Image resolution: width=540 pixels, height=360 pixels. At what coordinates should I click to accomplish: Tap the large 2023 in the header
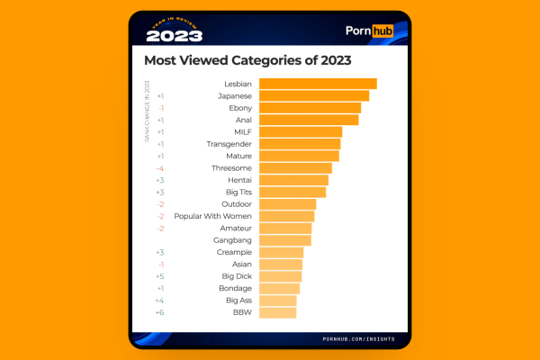[174, 36]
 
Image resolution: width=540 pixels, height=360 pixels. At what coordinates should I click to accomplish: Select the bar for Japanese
[314, 95]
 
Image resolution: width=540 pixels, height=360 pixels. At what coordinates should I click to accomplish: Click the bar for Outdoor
[288, 204]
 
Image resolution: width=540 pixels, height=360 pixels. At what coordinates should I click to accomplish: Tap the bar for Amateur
[285, 229]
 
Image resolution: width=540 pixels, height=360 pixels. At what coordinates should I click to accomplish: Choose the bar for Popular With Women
[287, 216]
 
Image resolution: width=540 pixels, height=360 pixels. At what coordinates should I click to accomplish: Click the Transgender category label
[229, 144]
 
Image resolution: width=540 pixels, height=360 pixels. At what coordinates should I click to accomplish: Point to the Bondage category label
[236, 288]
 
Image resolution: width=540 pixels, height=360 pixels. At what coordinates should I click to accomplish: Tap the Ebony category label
[239, 108]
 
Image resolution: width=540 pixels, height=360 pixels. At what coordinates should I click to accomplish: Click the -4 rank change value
[159, 168]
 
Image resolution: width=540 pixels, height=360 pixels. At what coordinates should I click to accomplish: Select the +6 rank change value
[159, 312]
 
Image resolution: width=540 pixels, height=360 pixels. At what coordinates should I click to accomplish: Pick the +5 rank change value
[159, 276]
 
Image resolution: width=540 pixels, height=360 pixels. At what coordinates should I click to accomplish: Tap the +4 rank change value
[159, 301]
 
